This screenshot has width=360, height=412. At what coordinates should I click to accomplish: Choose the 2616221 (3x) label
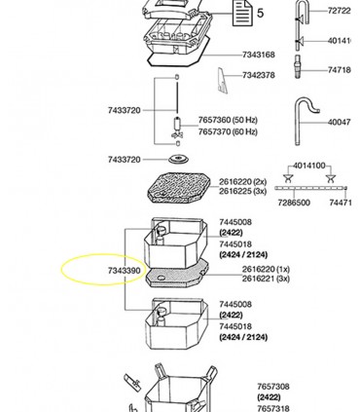point(266,279)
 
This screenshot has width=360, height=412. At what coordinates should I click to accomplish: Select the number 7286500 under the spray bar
point(294,203)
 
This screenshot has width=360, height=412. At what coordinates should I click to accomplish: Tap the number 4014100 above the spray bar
point(309,167)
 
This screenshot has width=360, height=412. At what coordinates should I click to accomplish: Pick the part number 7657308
point(273,387)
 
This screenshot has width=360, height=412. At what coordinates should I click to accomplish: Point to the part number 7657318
point(273,409)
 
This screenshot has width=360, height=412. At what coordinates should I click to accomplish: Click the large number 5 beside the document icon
point(260,14)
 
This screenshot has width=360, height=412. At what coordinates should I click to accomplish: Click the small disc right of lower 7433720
point(177,159)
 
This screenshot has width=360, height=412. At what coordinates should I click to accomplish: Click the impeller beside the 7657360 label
point(177,126)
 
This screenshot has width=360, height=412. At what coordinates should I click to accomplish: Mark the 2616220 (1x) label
point(266,269)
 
